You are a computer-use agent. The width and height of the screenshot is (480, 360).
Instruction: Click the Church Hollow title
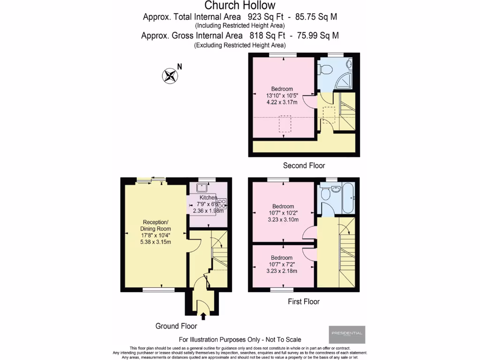click(x=240, y=6)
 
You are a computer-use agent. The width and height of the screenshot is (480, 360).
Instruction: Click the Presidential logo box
click(x=346, y=334)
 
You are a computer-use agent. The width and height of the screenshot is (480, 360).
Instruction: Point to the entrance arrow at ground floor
click(x=203, y=317)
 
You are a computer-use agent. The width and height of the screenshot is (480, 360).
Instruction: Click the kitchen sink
click(x=202, y=187)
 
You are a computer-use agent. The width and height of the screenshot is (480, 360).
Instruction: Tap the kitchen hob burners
click(x=221, y=203)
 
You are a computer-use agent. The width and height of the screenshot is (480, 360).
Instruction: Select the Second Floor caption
click(x=304, y=165)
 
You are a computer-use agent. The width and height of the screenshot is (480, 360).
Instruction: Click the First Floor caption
click(x=303, y=301)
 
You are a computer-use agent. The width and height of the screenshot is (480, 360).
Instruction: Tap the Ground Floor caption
click(x=176, y=326)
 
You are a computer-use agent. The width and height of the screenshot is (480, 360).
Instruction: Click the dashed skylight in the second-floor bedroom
click(x=285, y=124)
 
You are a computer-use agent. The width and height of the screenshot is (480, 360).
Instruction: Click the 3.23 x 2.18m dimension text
click(x=282, y=270)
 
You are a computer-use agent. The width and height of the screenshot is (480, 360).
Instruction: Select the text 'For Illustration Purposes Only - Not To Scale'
click(x=240, y=339)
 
